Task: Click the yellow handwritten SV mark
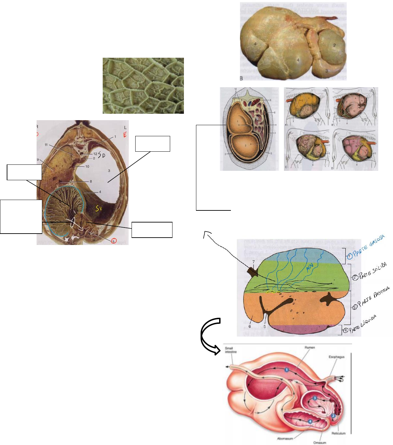tap(98, 209)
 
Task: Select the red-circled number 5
tap(114, 241)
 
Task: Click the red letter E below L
tap(125, 135)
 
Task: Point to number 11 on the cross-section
tap(46, 145)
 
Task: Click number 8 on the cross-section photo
tap(91, 182)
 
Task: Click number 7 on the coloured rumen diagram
tap(254, 262)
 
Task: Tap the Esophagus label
tap(336, 357)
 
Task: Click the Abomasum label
tap(285, 438)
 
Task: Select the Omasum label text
tap(320, 443)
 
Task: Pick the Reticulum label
tap(338, 433)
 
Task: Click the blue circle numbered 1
tap(287, 369)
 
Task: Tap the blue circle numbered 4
tap(310, 421)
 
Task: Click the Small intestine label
tap(231, 350)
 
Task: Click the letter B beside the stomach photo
tap(241, 78)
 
